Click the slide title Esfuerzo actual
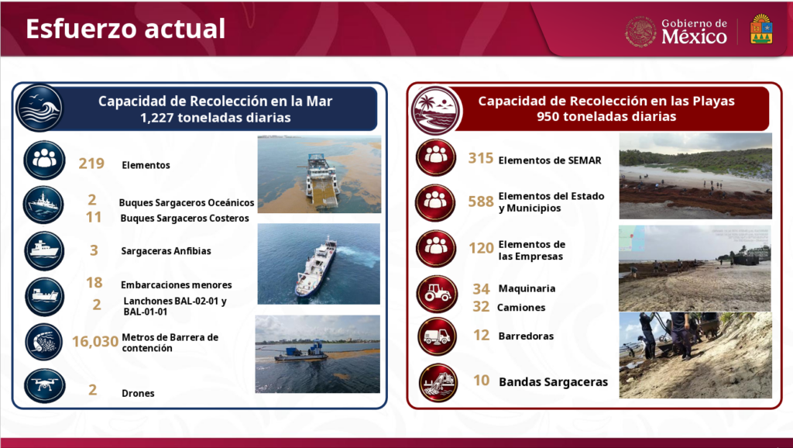pos(125,29)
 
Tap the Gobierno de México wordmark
pos(694,31)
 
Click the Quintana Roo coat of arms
pos(761,29)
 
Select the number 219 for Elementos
pos(91,164)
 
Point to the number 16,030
pos(95,342)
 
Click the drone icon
pos(44,386)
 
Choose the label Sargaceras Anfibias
pos(166,251)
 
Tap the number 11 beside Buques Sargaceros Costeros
pos(94,217)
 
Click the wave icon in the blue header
pos(39,108)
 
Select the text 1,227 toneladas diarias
pos(215,118)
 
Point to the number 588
pos(480,202)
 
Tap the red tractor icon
pos(437,294)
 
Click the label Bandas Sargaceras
pos(553,382)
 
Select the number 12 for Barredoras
pos(482,335)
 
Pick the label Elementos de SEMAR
pos(550,160)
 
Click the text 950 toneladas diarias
pos(606,117)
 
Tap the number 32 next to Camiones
pos(481,307)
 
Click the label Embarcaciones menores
pos(176,285)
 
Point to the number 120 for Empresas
pos(481,248)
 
